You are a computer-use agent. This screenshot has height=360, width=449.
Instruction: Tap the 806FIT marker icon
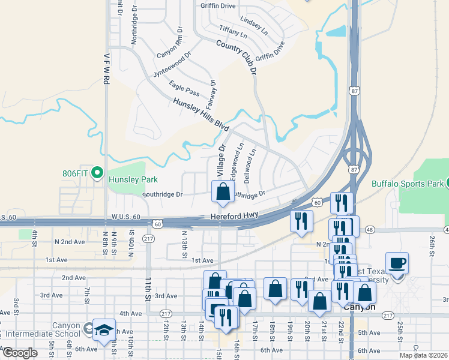click(100, 174)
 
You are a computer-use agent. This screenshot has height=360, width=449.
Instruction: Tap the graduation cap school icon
click(104, 331)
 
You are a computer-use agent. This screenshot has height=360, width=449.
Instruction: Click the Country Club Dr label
click(237, 58)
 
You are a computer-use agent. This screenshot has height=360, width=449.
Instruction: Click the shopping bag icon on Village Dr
click(223, 192)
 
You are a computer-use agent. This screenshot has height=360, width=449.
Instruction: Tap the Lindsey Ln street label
click(253, 23)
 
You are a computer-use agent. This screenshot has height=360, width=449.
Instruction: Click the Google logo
click(20, 353)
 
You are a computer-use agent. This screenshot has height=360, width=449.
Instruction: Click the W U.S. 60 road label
click(125, 217)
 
